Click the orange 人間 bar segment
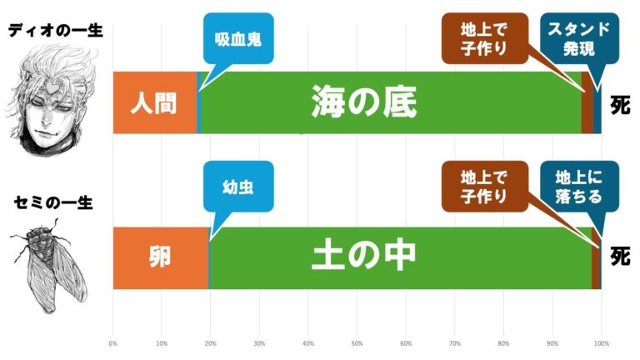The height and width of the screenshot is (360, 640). [154, 102]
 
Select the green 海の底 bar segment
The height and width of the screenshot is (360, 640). [389, 102]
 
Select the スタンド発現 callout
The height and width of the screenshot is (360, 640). [577, 38]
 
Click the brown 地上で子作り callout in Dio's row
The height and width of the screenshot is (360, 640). [483, 38]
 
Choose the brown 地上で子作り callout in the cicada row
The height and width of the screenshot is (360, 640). [483, 186]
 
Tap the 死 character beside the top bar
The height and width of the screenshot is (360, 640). [619, 106]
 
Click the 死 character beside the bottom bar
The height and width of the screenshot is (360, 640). [619, 255]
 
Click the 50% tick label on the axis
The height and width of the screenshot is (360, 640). [357, 342]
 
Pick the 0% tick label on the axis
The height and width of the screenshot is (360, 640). [113, 342]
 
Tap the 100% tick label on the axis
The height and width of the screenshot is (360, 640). [601, 342]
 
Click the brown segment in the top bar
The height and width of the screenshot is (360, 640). [587, 102]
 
